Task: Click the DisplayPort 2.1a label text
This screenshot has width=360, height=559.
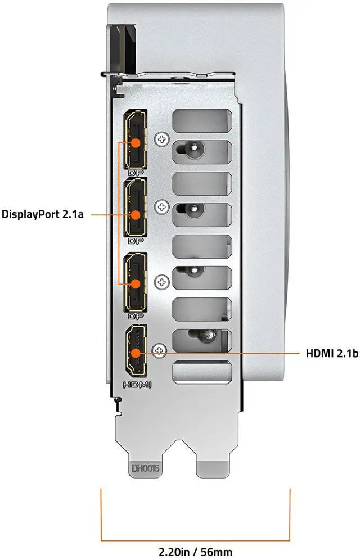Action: tap(42, 214)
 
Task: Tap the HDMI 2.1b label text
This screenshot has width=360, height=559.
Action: tap(332, 353)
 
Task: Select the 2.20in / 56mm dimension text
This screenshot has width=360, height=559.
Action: tap(195, 552)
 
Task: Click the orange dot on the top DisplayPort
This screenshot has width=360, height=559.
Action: tap(136, 143)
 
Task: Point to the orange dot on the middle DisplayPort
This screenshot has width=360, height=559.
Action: tap(136, 215)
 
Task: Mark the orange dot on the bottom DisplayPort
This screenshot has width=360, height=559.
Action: tap(136, 284)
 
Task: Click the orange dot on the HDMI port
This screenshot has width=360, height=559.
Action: tap(136, 353)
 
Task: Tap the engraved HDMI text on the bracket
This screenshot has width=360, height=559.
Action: tap(137, 385)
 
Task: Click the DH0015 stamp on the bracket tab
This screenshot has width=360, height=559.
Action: tap(146, 468)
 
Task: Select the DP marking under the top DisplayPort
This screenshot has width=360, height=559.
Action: tap(136, 173)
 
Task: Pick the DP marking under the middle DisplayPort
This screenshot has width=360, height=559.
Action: tap(136, 241)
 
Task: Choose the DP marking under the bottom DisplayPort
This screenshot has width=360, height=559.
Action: tap(136, 316)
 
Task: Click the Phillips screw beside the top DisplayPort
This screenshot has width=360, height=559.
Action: tap(162, 139)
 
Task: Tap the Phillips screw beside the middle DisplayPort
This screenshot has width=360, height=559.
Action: tap(162, 206)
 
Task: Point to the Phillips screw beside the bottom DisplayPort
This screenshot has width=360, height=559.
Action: tap(161, 282)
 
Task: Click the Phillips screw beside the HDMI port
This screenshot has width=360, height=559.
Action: tap(159, 350)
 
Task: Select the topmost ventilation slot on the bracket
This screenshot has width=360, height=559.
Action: tap(202, 121)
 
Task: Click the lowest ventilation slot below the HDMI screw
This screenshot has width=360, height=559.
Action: tap(202, 372)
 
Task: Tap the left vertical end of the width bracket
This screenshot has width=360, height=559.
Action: tap(101, 515)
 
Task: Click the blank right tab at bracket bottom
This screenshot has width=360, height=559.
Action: tap(213, 469)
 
